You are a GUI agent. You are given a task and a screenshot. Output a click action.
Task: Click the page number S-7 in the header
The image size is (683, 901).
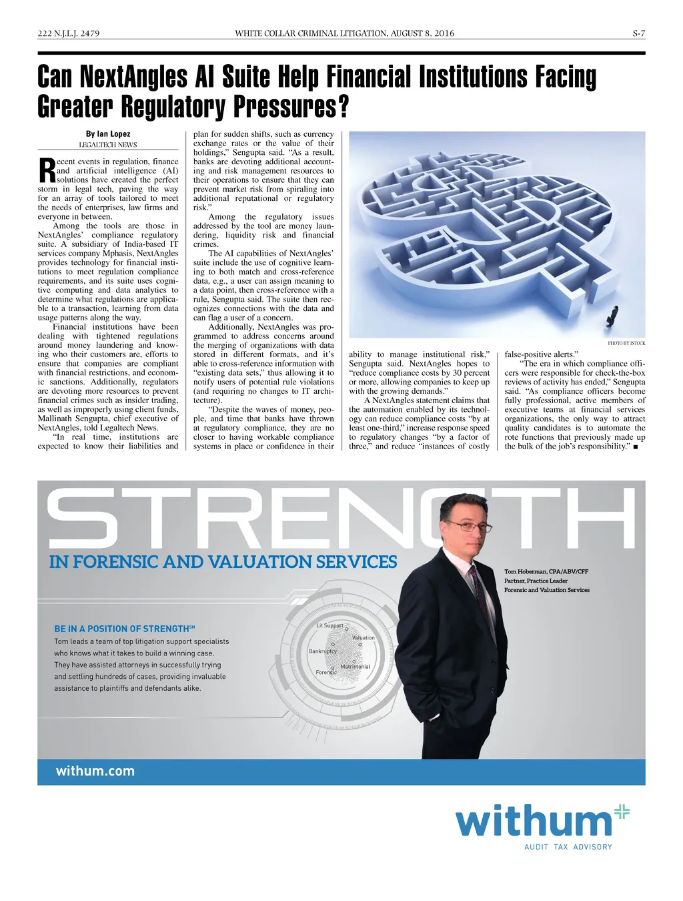point(638,33)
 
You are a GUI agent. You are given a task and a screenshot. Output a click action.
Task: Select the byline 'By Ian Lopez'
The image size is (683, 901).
point(108,134)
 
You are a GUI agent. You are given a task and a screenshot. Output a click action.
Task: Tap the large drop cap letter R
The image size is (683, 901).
point(47,170)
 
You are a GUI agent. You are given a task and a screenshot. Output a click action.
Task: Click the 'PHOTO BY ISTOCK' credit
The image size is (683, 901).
point(626,343)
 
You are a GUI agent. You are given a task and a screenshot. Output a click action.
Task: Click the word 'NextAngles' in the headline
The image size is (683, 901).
point(133,77)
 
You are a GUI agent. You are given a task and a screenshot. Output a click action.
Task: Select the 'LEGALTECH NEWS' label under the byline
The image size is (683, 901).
point(108,145)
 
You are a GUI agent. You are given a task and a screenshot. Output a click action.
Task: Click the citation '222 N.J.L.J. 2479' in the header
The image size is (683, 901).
point(69,33)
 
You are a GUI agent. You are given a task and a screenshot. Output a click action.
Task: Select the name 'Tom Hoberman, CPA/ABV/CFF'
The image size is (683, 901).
point(546,572)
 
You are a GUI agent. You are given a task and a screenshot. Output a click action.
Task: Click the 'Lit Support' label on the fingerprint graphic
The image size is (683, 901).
point(330,625)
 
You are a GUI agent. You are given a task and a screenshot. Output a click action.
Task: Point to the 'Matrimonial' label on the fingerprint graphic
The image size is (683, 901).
point(356,667)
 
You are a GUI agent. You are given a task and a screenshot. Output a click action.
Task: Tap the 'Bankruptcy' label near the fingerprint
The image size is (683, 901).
point(323,651)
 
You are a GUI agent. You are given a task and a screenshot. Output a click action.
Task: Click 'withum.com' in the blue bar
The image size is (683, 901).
point(95,772)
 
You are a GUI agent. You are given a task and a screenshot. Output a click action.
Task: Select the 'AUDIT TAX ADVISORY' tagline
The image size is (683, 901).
point(568,847)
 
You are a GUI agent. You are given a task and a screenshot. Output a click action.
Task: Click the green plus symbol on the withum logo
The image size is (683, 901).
point(622,812)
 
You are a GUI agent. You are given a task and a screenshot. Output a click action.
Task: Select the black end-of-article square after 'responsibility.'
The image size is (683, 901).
point(636,446)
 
